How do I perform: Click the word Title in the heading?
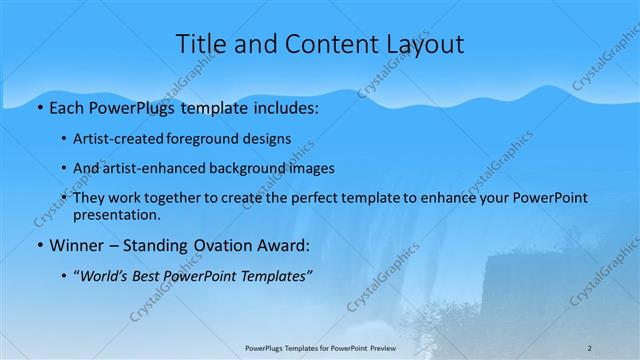[x=201, y=44]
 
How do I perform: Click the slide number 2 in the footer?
[x=590, y=348]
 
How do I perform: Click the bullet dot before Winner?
[x=39, y=246]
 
